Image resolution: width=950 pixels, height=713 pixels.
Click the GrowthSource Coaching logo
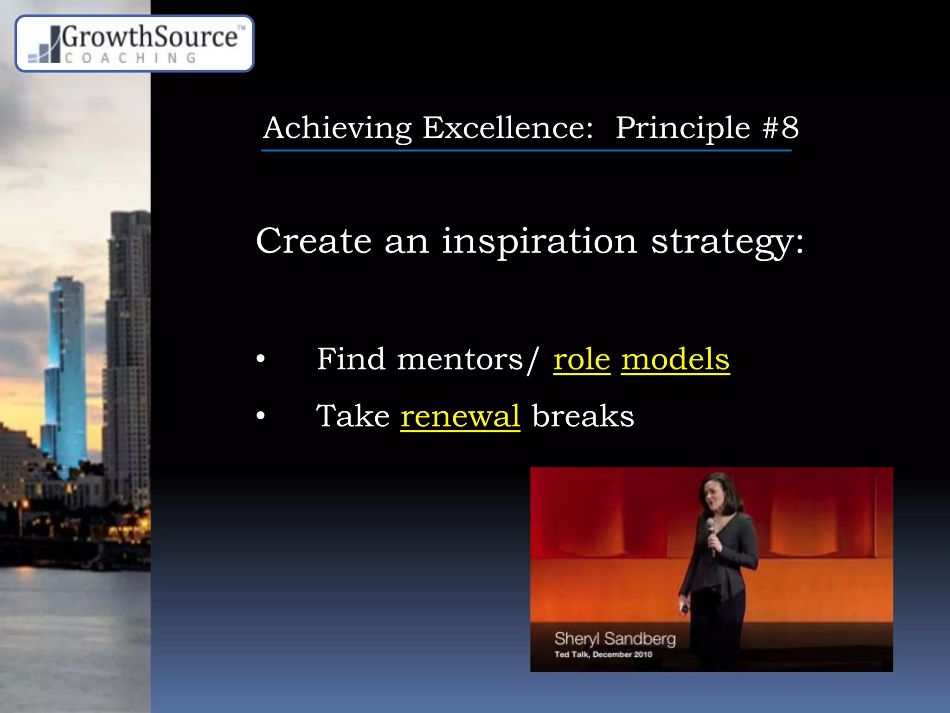(135, 44)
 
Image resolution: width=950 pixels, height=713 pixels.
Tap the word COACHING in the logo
(130, 58)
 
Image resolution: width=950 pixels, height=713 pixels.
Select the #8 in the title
(781, 128)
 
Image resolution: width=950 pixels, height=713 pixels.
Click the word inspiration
(539, 242)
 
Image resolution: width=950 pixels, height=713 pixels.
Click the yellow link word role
(582, 359)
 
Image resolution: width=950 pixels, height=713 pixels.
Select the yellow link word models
(675, 359)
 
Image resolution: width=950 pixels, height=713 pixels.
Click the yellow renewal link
(460, 416)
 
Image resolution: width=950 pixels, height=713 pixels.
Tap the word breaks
(583, 416)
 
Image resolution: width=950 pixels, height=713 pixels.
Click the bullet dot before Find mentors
(261, 359)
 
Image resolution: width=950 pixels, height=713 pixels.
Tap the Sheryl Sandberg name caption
(615, 639)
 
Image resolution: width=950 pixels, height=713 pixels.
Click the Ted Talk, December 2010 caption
(603, 655)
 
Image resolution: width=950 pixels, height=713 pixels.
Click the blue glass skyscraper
(66, 371)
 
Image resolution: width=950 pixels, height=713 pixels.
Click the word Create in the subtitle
(314, 241)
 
